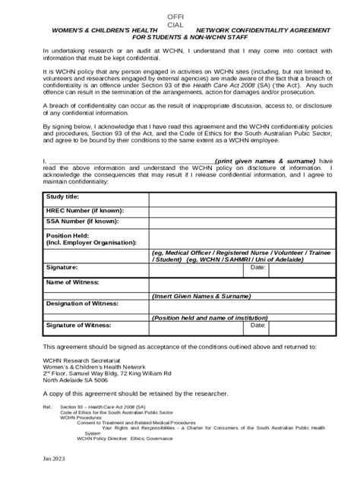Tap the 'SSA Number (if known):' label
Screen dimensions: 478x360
(x=82, y=222)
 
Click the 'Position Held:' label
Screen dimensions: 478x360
(x=70, y=235)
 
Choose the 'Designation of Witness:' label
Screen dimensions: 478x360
(x=83, y=303)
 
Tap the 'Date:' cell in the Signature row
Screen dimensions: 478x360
(x=257, y=268)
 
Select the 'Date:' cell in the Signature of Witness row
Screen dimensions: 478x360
(x=257, y=325)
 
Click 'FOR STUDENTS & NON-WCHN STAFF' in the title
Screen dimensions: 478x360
(x=179, y=36)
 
